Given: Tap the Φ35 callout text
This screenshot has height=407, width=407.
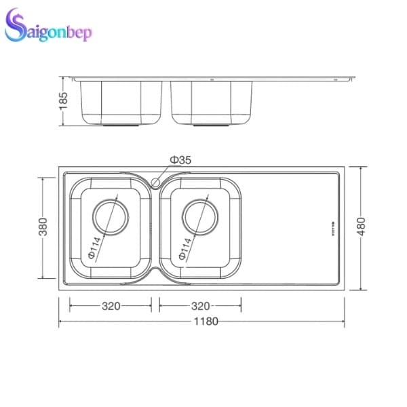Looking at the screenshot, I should click(180, 159).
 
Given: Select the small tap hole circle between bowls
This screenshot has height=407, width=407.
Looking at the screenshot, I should click(156, 182).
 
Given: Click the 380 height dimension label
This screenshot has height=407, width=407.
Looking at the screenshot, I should click(43, 228).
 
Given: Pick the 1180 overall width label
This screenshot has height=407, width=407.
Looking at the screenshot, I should click(206, 322).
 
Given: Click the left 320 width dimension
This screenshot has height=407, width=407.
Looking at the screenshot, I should click(111, 306).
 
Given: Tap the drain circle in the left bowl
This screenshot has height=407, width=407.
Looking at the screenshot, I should click(111, 217).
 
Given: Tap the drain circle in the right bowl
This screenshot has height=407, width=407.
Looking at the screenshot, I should click(201, 217).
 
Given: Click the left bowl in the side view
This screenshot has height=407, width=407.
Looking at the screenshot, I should click(120, 102).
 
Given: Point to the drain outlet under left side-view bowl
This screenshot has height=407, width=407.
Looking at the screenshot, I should click(120, 125).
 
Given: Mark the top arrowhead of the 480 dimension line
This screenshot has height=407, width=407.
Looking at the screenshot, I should click(361, 168).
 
